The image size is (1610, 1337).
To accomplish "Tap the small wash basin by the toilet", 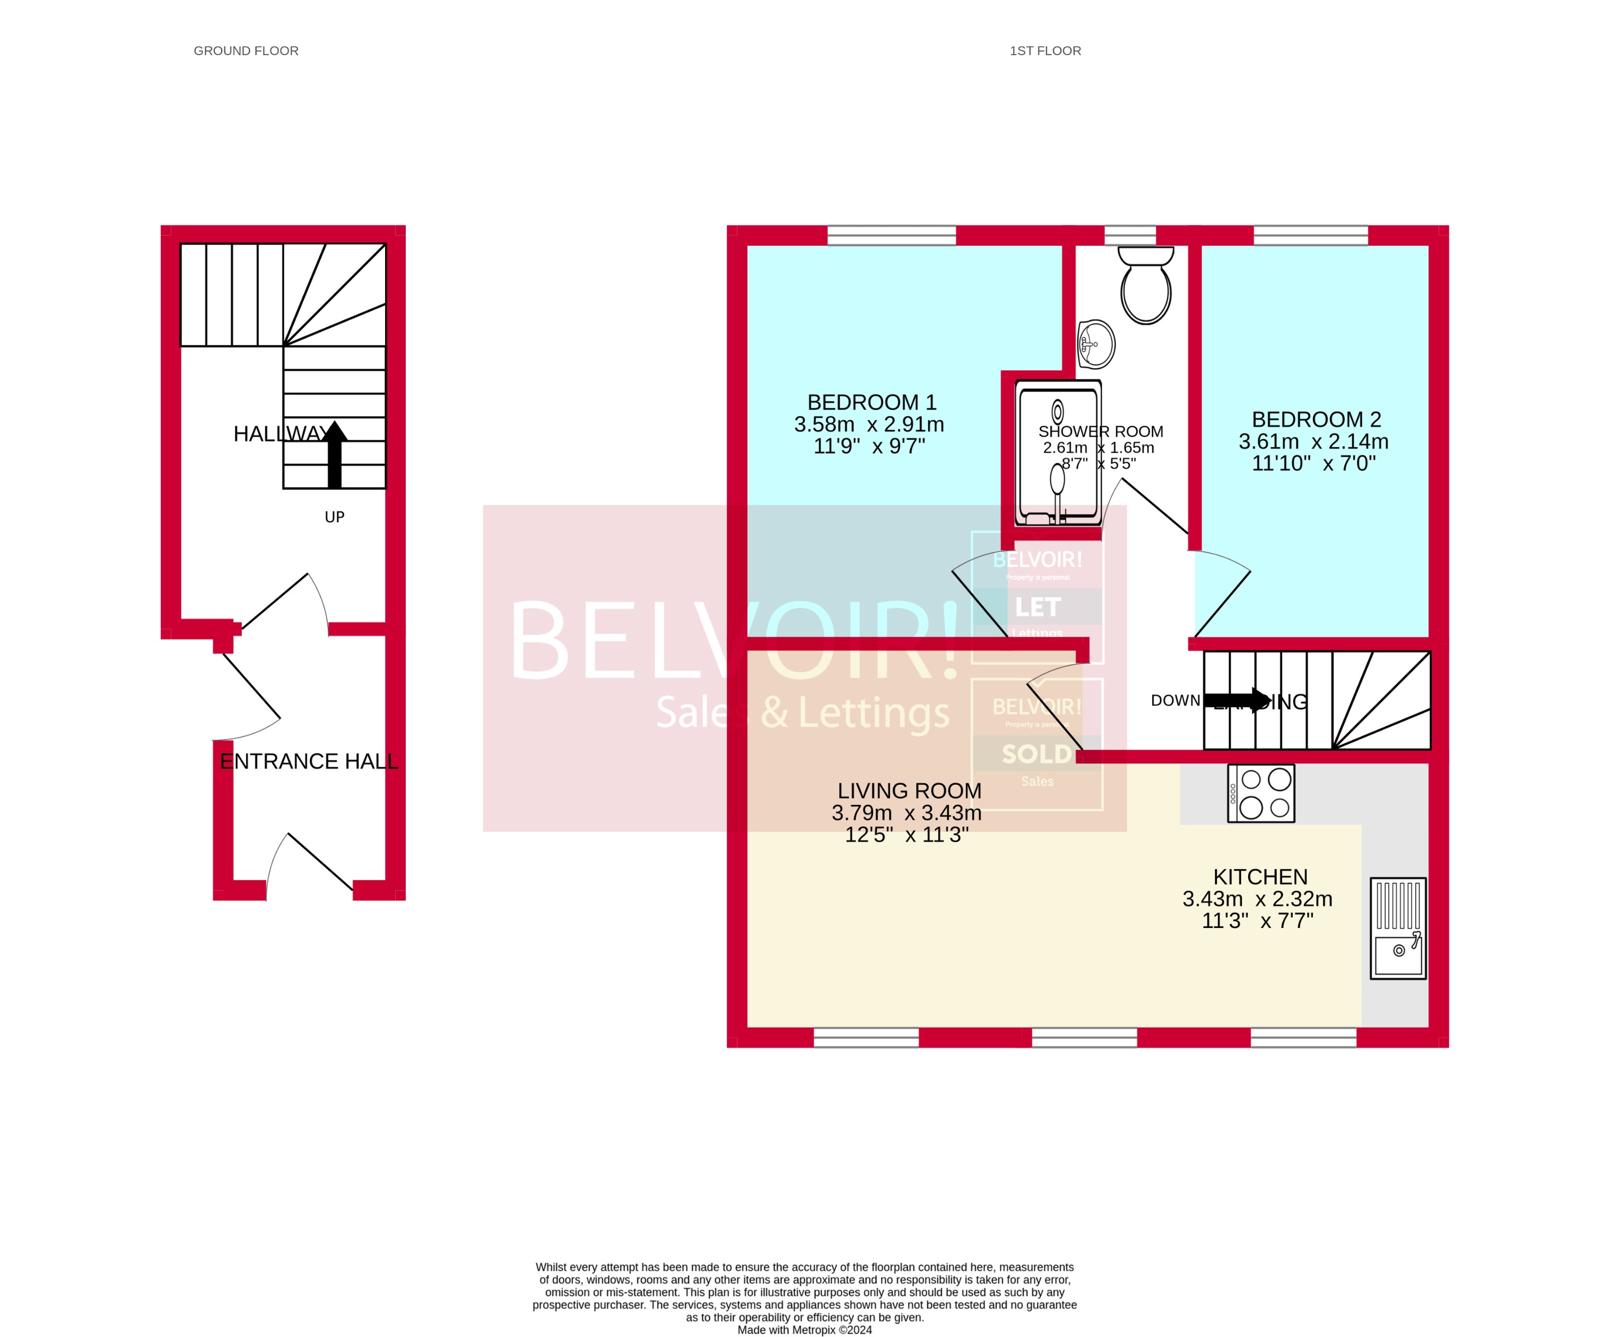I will pyautogui.click(x=1096, y=344).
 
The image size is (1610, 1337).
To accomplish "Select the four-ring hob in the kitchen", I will pyautogui.click(x=1260, y=794).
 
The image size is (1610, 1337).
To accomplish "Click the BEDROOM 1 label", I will pyautogui.click(x=872, y=403).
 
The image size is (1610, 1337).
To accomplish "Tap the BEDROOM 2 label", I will pyautogui.click(x=1316, y=419).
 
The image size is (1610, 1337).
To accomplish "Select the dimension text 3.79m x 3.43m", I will pyautogui.click(x=906, y=813).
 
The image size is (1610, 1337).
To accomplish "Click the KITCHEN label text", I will pyautogui.click(x=1260, y=876).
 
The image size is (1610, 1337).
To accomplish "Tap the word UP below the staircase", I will pyautogui.click(x=334, y=517).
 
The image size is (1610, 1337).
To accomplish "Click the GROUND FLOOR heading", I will pyautogui.click(x=246, y=50).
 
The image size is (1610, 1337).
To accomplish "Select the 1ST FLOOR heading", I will pyautogui.click(x=1045, y=50).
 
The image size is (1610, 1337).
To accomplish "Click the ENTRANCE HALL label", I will pyautogui.click(x=309, y=761).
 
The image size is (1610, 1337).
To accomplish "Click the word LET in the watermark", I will pyautogui.click(x=1037, y=607).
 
